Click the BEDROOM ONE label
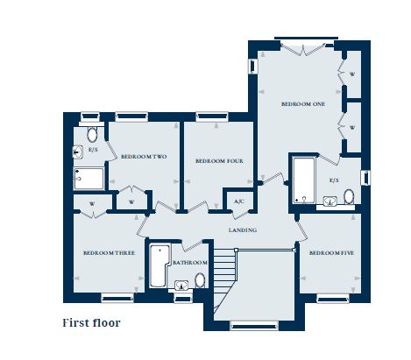(x=303, y=103)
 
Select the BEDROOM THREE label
(x=109, y=253)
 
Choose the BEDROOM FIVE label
(x=333, y=253)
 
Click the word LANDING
(x=243, y=230)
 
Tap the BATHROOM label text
(x=189, y=263)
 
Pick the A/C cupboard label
(x=238, y=202)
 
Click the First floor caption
(x=91, y=322)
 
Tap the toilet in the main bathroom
(x=200, y=279)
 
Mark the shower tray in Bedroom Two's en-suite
(x=89, y=180)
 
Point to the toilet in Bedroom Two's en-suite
(x=92, y=136)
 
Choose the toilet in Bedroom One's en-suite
(x=349, y=196)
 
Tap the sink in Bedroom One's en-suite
(x=330, y=201)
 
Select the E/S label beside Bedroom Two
(x=93, y=150)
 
